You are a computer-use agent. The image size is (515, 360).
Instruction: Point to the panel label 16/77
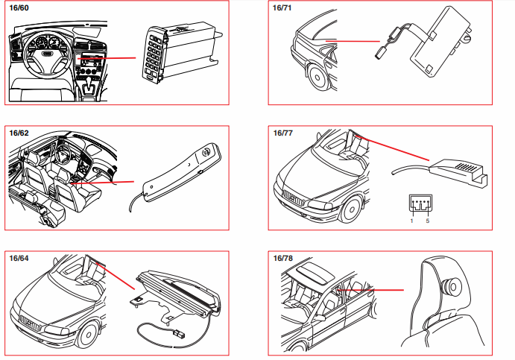(x=283, y=133)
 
